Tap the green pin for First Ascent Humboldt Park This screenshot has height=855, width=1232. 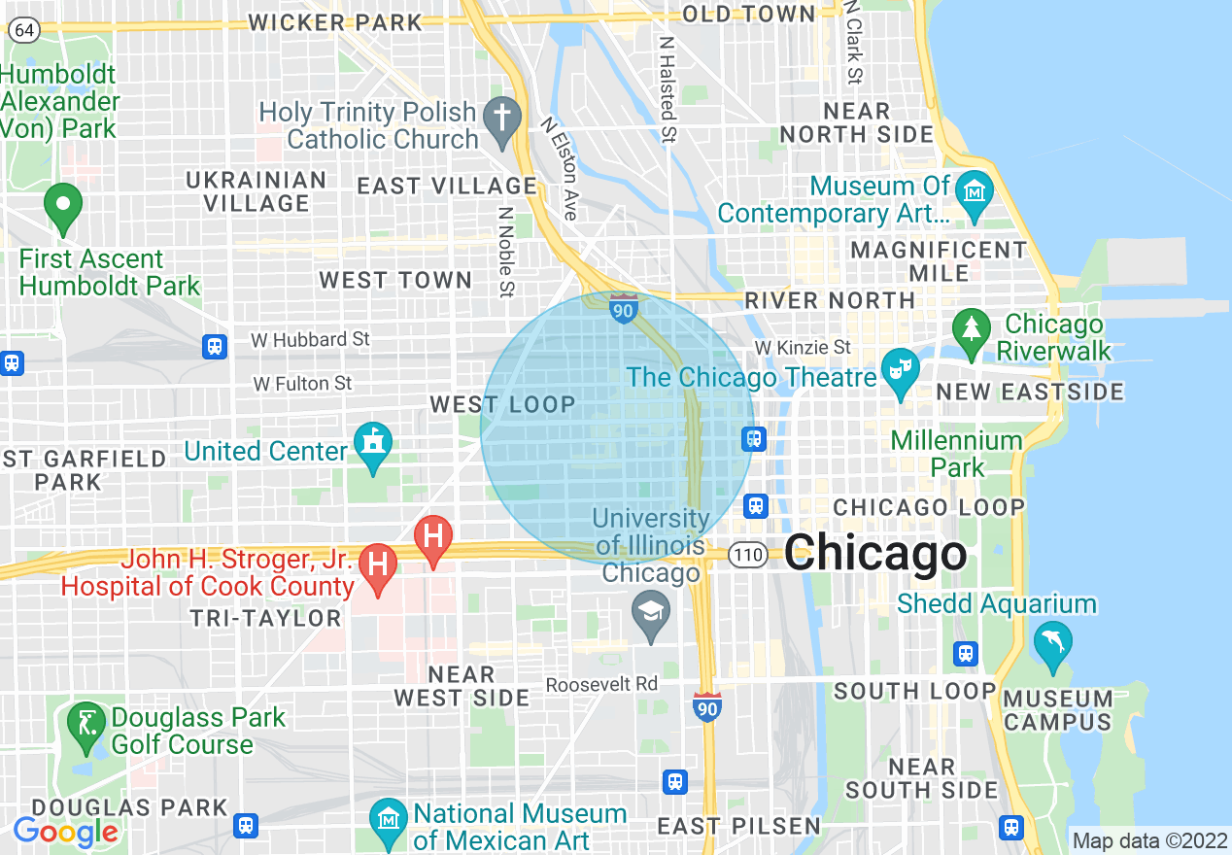pyautogui.click(x=63, y=205)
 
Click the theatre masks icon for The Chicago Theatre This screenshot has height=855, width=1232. pyautogui.click(x=901, y=370)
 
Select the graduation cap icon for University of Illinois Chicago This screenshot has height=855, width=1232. pyautogui.click(x=650, y=613)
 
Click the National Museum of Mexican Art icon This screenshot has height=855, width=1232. pyautogui.click(x=389, y=821)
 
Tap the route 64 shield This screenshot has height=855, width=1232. pyautogui.click(x=25, y=30)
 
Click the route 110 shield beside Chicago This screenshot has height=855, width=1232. pyautogui.click(x=749, y=555)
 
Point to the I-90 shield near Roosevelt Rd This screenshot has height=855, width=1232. pyautogui.click(x=707, y=706)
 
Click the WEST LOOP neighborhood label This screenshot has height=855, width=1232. pyautogui.click(x=502, y=404)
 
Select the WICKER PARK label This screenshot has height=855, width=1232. pyautogui.click(x=336, y=21)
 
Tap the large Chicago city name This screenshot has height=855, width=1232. pyautogui.click(x=875, y=554)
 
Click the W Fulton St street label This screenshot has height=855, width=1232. pyautogui.click(x=302, y=384)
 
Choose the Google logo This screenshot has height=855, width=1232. pyautogui.click(x=65, y=831)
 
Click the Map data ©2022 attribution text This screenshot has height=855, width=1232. pyautogui.click(x=1150, y=840)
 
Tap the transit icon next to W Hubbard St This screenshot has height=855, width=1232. pyautogui.click(x=215, y=346)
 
